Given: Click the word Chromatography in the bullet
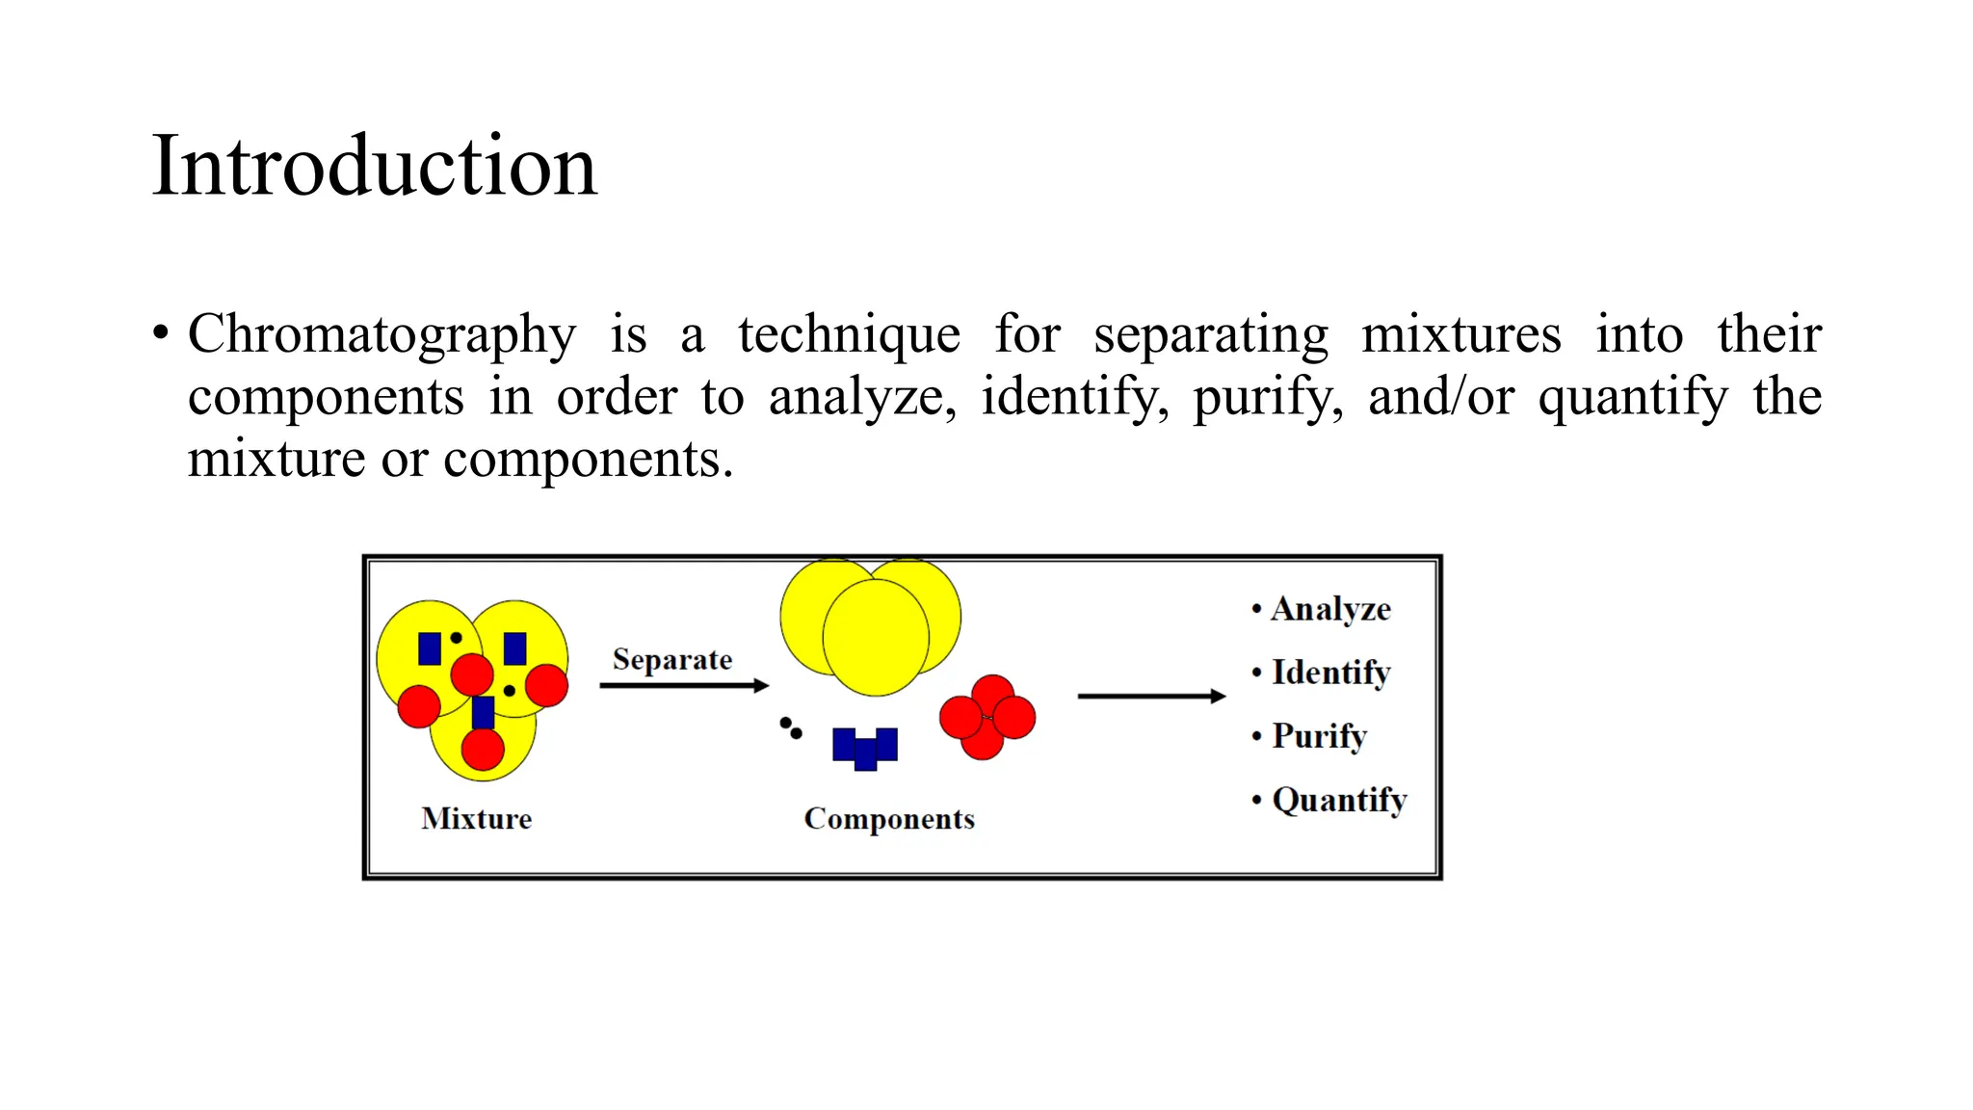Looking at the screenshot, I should coord(381,335).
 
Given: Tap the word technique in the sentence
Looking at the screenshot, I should coord(849,335).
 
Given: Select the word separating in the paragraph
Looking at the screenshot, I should coord(1211,335).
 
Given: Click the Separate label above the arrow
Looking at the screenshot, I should coord(672,660).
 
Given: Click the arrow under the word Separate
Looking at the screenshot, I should coord(683,686).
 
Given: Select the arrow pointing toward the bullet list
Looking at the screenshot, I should coord(1151,696).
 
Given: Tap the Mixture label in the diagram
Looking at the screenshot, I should coord(476,819).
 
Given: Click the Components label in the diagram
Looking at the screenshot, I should coord(889,819).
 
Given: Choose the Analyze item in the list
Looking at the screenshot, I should coord(1330,609).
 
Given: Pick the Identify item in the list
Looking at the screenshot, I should coord(1330,673).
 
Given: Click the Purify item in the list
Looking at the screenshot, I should coord(1319,736).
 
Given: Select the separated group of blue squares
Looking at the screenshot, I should coord(865,748).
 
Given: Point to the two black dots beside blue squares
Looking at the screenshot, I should coord(791,728).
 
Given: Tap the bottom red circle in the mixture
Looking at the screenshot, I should coord(483,749).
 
